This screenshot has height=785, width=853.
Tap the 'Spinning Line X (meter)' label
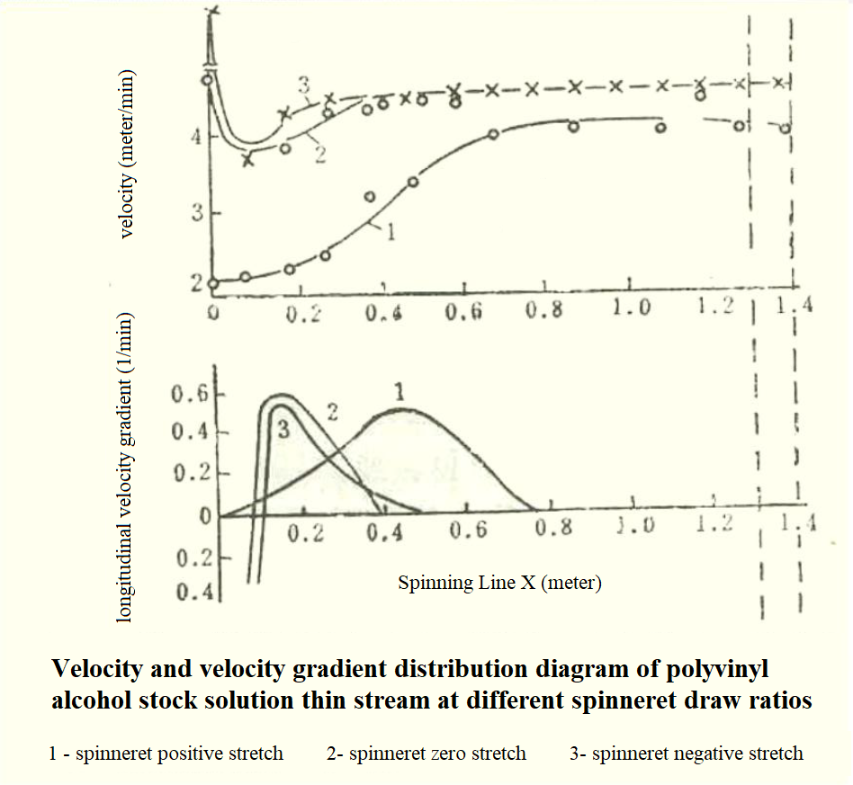pos(499,583)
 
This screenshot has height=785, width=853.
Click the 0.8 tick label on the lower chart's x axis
pos(552,529)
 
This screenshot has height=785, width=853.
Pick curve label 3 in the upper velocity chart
pos(304,86)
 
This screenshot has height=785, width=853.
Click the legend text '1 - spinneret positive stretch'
pos(166,754)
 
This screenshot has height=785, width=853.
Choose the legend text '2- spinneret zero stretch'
pos(426,754)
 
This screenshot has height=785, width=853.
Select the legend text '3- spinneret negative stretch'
pos(686,754)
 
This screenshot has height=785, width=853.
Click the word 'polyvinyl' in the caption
pos(707,670)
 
